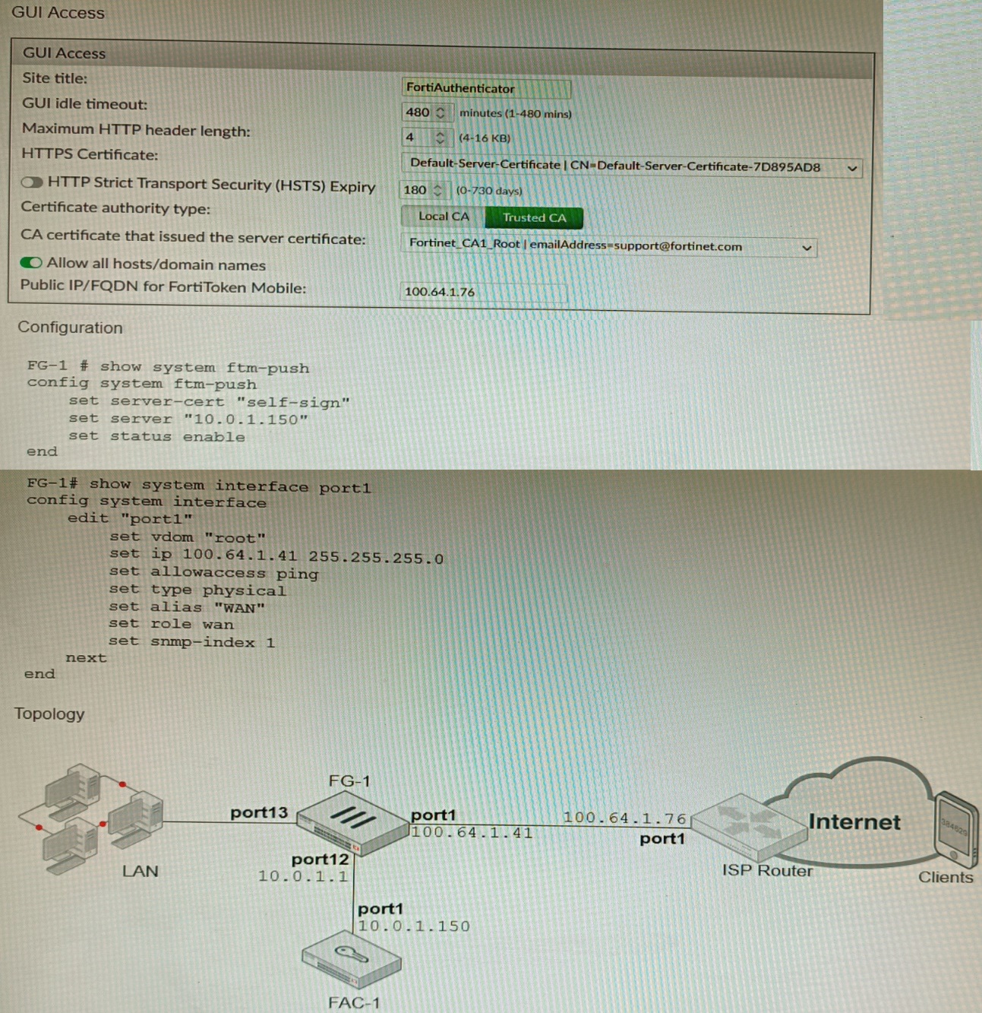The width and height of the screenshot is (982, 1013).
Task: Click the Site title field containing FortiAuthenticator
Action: point(485,88)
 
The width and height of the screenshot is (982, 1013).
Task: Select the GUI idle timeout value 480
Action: point(418,112)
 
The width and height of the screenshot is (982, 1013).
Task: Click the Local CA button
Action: point(444,217)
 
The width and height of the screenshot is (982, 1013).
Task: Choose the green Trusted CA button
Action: point(534,217)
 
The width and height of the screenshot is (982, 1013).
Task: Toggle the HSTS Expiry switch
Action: point(32,182)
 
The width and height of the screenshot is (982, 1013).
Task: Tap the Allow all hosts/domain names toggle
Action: point(31,263)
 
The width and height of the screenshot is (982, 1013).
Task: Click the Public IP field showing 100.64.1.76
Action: point(483,292)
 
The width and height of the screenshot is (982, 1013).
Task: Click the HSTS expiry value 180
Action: point(415,190)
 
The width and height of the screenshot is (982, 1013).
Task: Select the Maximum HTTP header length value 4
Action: point(411,138)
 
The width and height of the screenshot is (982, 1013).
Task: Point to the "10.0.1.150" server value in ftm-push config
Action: point(245,419)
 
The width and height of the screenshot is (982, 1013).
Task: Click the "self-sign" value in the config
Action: point(292,402)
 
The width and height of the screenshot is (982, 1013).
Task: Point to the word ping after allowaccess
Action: point(297,574)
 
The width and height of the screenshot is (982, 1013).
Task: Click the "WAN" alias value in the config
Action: point(239,608)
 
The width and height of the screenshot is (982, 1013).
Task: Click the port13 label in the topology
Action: point(259,812)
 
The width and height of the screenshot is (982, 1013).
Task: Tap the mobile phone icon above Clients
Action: point(955,829)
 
